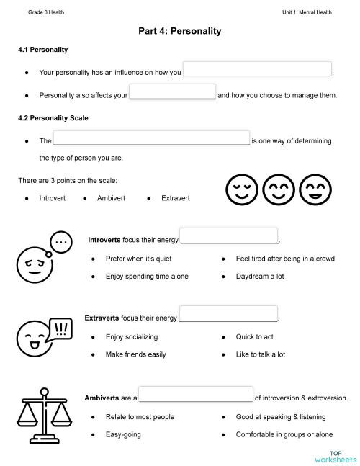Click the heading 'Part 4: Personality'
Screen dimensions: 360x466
point(179,32)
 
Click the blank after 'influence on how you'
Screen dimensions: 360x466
point(258,70)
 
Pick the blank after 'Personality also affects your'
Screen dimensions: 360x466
point(173,92)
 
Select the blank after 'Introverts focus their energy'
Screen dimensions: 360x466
point(229,236)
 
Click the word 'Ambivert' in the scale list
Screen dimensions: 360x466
point(111,197)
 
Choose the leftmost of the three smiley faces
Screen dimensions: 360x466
point(241,189)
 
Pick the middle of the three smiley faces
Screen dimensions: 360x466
point(277,189)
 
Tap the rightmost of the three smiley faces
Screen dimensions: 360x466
point(314,189)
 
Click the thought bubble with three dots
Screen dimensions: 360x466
point(60,243)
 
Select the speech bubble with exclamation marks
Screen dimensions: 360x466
point(61,331)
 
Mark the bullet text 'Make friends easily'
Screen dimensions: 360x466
point(135,354)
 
